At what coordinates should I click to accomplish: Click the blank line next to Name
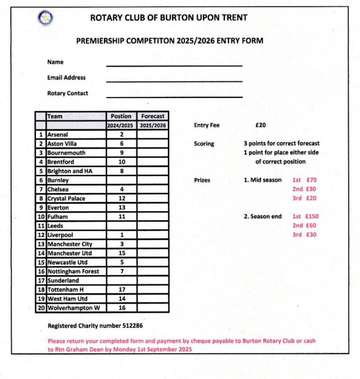[174, 64]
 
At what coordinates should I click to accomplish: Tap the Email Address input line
[174, 81]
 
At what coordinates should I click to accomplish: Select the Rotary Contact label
[67, 93]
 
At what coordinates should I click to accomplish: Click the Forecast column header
[153, 116]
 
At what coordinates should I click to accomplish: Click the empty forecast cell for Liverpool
[153, 235]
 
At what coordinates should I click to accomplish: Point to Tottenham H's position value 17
[121, 289]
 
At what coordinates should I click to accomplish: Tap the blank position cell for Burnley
[121, 180]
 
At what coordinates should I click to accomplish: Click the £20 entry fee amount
[260, 126]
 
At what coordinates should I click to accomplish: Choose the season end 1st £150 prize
[305, 217]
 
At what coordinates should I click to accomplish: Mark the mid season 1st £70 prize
[305, 180]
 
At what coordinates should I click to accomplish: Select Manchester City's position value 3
[121, 244]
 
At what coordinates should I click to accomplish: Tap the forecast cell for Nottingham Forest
[153, 271]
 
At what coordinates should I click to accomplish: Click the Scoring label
[204, 144]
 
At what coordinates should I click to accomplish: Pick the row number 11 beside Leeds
[41, 226]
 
